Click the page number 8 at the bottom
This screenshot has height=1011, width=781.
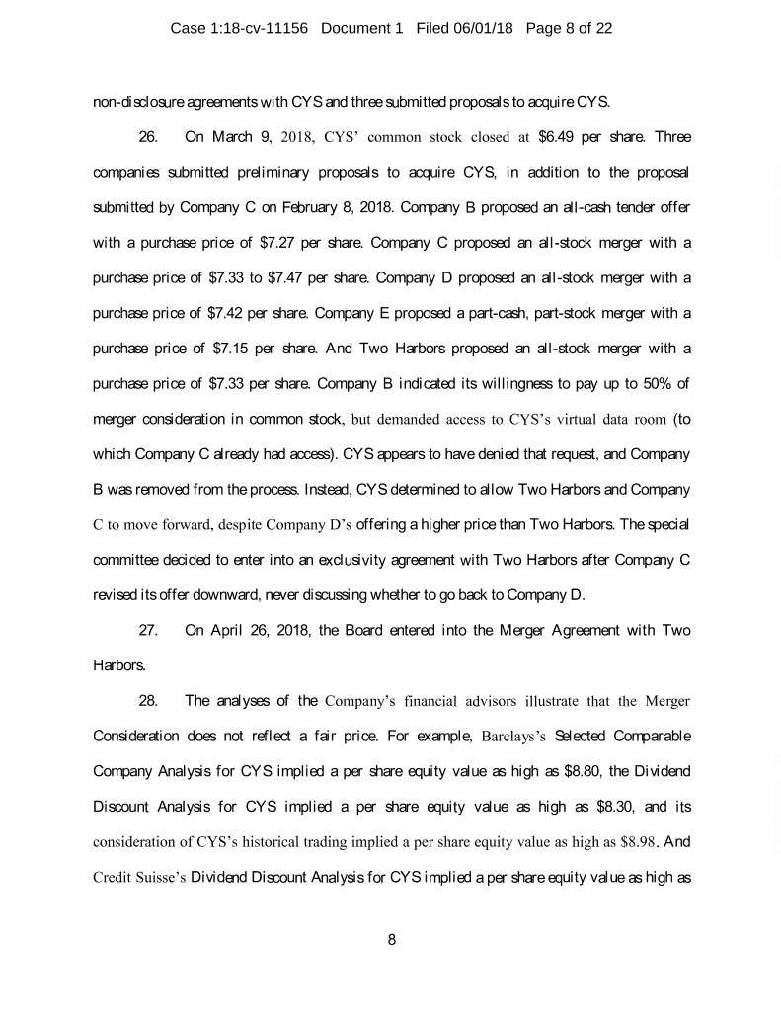[392, 939]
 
